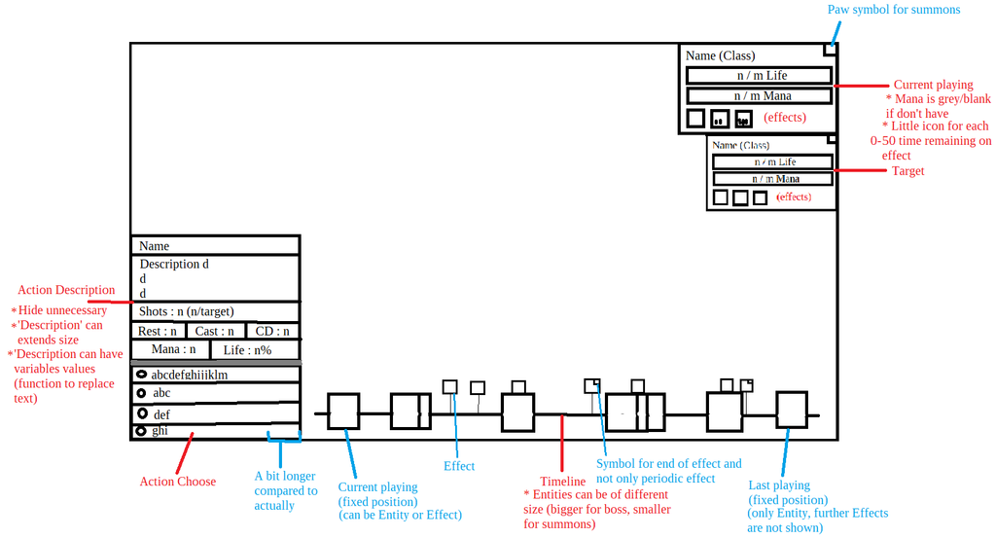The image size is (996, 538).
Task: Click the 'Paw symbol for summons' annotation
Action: pyautogui.click(x=879, y=10)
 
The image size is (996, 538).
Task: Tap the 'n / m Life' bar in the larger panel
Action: pyautogui.click(x=759, y=75)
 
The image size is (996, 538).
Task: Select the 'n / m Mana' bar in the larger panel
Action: pyautogui.click(x=759, y=96)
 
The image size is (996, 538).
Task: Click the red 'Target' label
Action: pyautogui.click(x=907, y=171)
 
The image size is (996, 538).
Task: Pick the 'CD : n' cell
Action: pyautogui.click(x=272, y=331)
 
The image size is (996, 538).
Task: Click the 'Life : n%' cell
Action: pyautogui.click(x=247, y=349)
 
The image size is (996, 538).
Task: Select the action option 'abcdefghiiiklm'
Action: pyautogui.click(x=189, y=375)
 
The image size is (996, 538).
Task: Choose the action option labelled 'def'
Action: pyautogui.click(x=161, y=414)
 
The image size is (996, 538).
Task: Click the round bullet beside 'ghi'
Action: pyautogui.click(x=141, y=430)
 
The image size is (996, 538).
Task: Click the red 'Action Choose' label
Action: pyautogui.click(x=177, y=482)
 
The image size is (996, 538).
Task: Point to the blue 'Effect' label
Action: pyautogui.click(x=459, y=466)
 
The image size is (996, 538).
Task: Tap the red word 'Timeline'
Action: pyautogui.click(x=562, y=482)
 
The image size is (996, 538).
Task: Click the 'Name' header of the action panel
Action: pyautogui.click(x=154, y=246)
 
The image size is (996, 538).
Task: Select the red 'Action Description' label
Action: pyautogui.click(x=66, y=290)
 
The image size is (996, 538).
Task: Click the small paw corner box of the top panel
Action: pyautogui.click(x=830, y=49)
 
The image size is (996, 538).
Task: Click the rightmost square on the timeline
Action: pyautogui.click(x=791, y=409)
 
